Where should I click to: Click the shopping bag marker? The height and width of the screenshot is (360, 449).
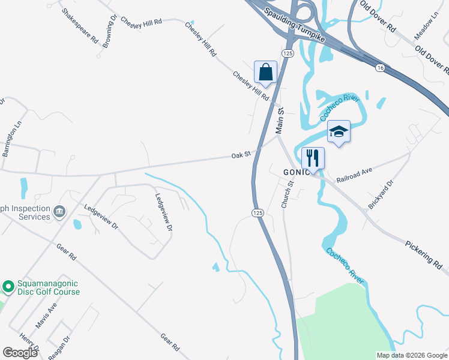[x=265, y=73]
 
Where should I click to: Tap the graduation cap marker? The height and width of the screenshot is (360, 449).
[x=339, y=132]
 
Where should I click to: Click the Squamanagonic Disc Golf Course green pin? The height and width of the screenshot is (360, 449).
[x=8, y=287]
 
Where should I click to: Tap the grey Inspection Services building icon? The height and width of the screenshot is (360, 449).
[x=59, y=211]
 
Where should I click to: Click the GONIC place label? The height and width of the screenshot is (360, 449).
[x=297, y=172]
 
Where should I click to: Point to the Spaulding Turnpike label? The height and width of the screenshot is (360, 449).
[x=288, y=24]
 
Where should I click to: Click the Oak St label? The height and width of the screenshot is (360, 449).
[x=240, y=155]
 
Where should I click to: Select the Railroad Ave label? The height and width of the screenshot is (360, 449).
[x=354, y=175]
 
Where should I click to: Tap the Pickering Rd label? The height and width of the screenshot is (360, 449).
[x=423, y=253]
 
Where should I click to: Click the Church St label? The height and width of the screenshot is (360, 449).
[x=288, y=194]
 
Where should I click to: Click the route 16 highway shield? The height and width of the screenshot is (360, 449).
[x=380, y=68]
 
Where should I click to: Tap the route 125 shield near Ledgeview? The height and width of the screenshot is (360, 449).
[x=257, y=212]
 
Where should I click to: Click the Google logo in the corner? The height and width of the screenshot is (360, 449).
[x=20, y=353]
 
